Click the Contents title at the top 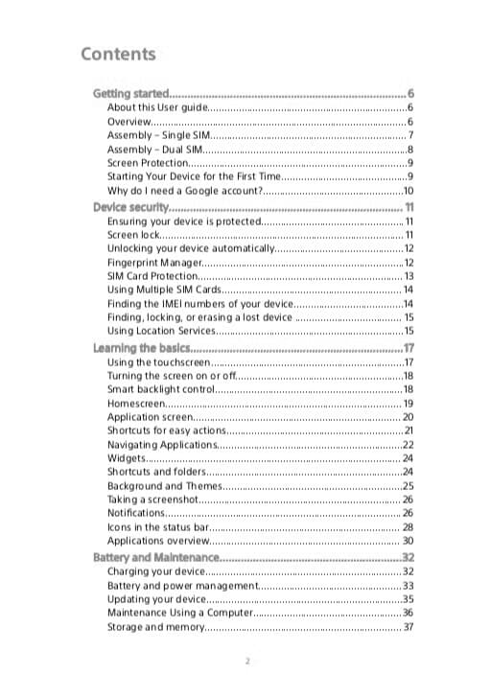point(118,54)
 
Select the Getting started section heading point(130,94)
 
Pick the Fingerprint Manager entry point(154,262)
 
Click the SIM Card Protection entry point(152,276)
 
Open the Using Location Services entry point(162,331)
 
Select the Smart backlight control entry point(160,389)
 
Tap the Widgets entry point(127,458)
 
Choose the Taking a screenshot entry point(152,500)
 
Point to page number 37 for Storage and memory point(408,627)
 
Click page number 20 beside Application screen point(408,417)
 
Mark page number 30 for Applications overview point(408,542)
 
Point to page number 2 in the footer point(246,662)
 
